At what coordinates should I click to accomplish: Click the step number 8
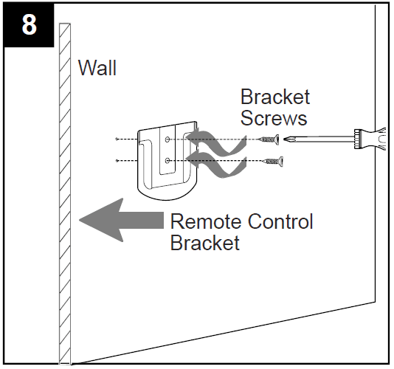[x=29, y=24]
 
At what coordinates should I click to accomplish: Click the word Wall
[x=97, y=69]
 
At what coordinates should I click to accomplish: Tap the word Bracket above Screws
[x=274, y=97]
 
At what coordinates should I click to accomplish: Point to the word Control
[x=281, y=221]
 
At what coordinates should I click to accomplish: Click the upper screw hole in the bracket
[x=169, y=139]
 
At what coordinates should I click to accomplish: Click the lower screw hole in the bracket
[x=169, y=160]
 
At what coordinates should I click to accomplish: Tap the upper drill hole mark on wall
[x=118, y=139]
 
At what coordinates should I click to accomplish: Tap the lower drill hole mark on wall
[x=118, y=160]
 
